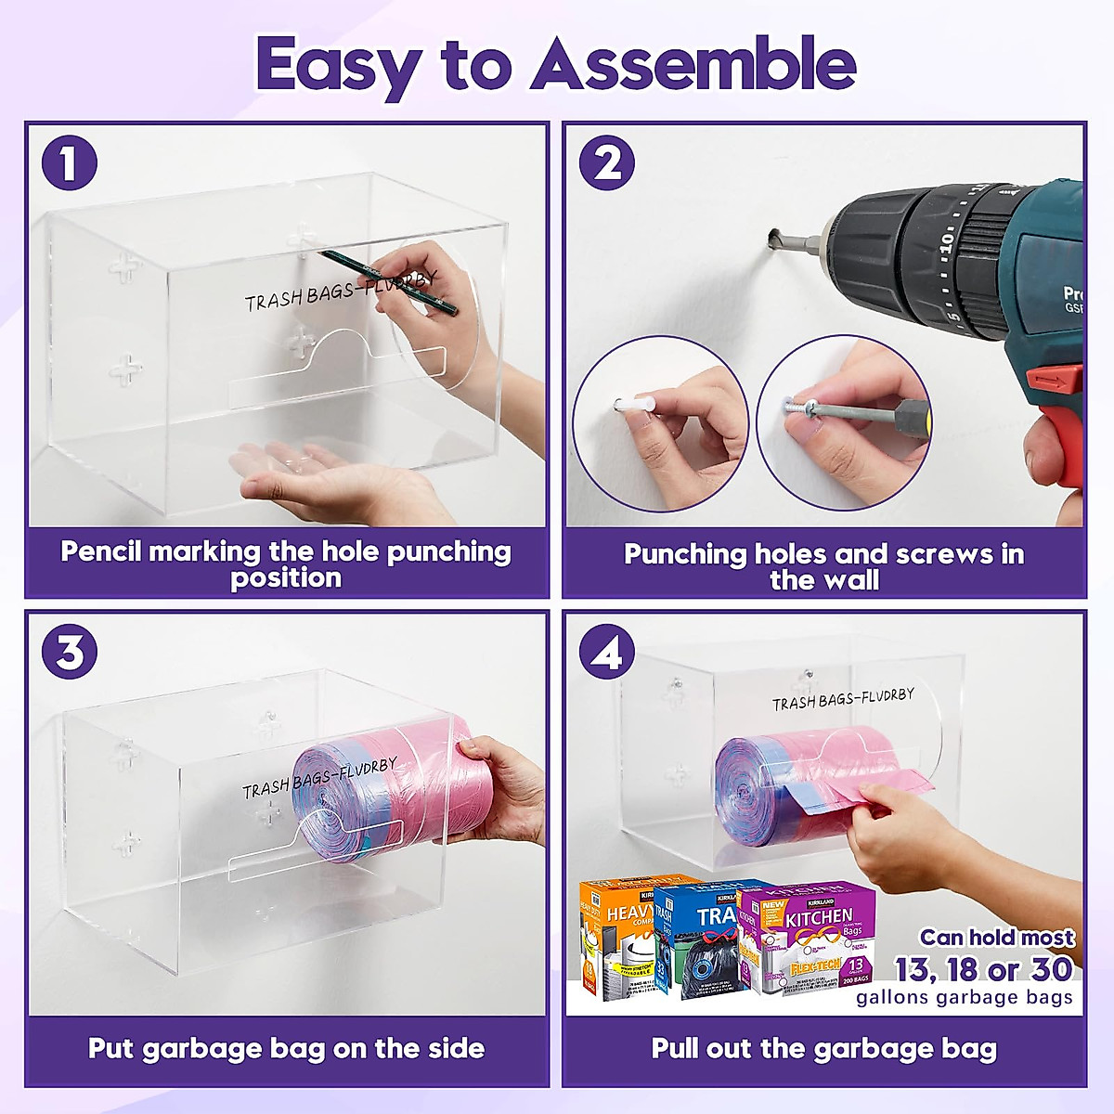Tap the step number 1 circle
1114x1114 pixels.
(70, 163)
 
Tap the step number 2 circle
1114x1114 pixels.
(607, 163)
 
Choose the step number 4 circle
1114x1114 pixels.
(607, 653)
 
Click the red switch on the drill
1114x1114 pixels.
(1057, 379)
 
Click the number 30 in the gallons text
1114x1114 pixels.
(1051, 970)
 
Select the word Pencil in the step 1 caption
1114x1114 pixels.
(101, 551)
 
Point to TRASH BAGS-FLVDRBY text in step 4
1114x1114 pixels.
(843, 699)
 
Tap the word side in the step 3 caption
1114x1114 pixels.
(456, 1049)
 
